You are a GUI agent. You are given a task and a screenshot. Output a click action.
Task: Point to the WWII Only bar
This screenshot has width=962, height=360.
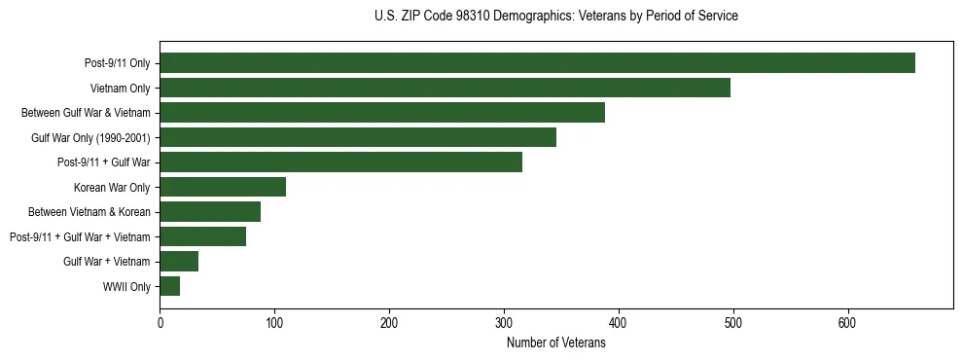click(170, 286)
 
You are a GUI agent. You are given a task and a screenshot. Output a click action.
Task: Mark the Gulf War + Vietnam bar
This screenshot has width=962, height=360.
click(179, 261)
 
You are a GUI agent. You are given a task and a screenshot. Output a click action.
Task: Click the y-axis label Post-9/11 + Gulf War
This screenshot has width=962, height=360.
click(108, 162)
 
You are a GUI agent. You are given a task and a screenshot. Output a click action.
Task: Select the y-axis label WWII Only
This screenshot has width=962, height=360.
click(126, 286)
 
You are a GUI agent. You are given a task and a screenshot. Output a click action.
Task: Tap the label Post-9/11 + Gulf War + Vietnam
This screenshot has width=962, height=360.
click(80, 236)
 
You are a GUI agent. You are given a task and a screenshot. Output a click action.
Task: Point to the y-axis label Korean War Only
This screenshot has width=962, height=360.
click(112, 187)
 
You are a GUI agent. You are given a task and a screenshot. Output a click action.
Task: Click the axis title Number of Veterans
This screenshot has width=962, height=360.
click(555, 342)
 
